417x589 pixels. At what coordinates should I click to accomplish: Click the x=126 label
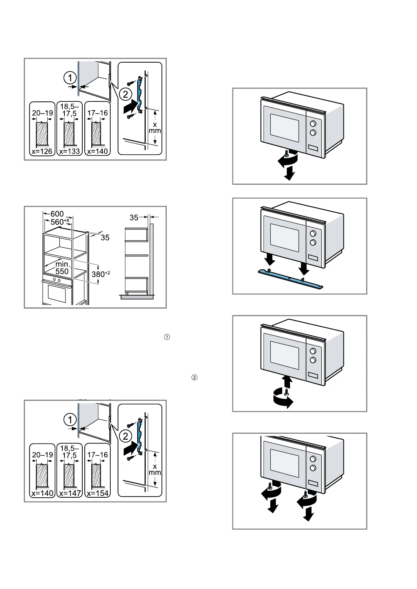42,151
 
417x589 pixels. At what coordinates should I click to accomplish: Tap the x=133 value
70,151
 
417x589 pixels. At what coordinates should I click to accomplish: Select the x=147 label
70,493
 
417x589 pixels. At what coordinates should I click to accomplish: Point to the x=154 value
98,493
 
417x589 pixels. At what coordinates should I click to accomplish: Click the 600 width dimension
57,214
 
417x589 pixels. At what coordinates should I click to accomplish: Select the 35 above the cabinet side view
134,218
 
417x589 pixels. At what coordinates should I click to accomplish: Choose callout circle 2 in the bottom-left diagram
125,436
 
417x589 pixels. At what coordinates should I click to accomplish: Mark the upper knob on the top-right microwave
313,123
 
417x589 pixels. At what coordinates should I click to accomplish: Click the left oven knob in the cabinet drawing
54,280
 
